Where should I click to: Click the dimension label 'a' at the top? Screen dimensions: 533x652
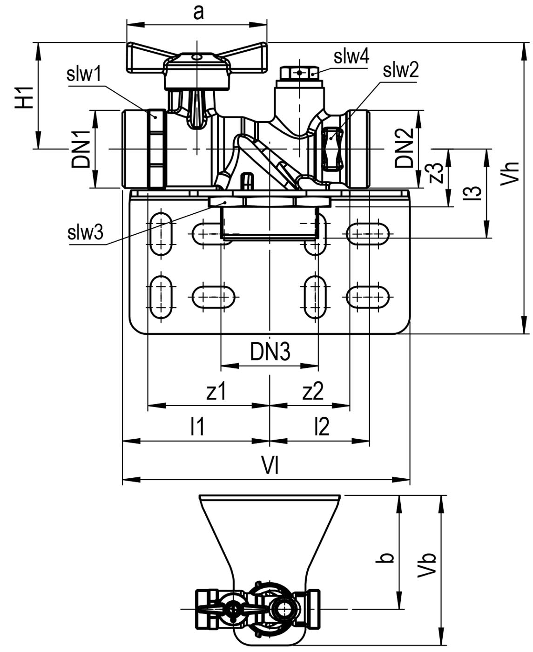coord(198,13)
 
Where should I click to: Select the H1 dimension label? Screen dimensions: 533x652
coord(24,97)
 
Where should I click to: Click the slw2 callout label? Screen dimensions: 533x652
coord(401,70)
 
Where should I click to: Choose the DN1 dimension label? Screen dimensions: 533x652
coord(81,149)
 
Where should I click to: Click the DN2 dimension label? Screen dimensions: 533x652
coord(405,148)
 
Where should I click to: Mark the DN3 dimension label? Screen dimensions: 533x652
coord(270,352)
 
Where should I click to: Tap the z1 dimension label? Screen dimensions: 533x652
coord(216,391)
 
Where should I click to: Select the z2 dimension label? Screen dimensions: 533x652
coord(313,391)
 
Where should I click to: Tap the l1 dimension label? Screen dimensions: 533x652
coord(197,427)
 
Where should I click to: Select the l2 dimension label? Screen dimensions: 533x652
coord(322,427)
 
